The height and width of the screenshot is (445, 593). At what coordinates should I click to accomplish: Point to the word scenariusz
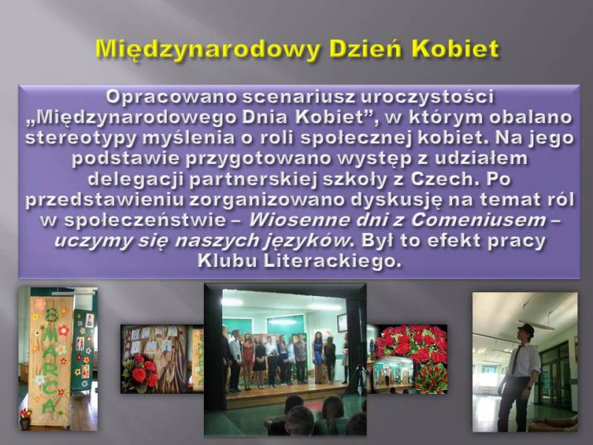point(298,96)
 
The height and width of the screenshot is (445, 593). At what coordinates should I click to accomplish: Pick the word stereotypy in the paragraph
point(80,138)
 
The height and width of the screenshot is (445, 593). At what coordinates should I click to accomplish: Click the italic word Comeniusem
point(478,220)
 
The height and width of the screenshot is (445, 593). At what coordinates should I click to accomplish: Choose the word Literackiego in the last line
point(331,261)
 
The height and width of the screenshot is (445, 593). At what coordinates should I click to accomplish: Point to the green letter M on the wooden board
point(50,343)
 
